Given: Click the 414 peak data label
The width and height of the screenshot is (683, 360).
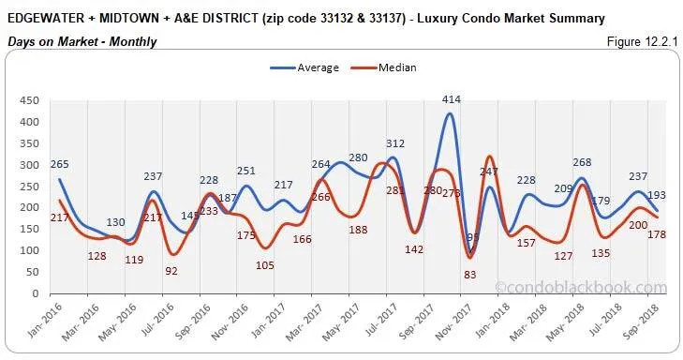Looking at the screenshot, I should coord(452,98).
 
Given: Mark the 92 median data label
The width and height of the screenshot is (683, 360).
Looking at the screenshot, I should coord(172,270).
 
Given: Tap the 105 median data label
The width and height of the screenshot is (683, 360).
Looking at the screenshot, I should coord(264,265).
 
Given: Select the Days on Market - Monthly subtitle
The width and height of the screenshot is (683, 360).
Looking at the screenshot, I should coord(82,42).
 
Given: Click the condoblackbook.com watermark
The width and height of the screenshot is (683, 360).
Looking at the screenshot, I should coord(594,288).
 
